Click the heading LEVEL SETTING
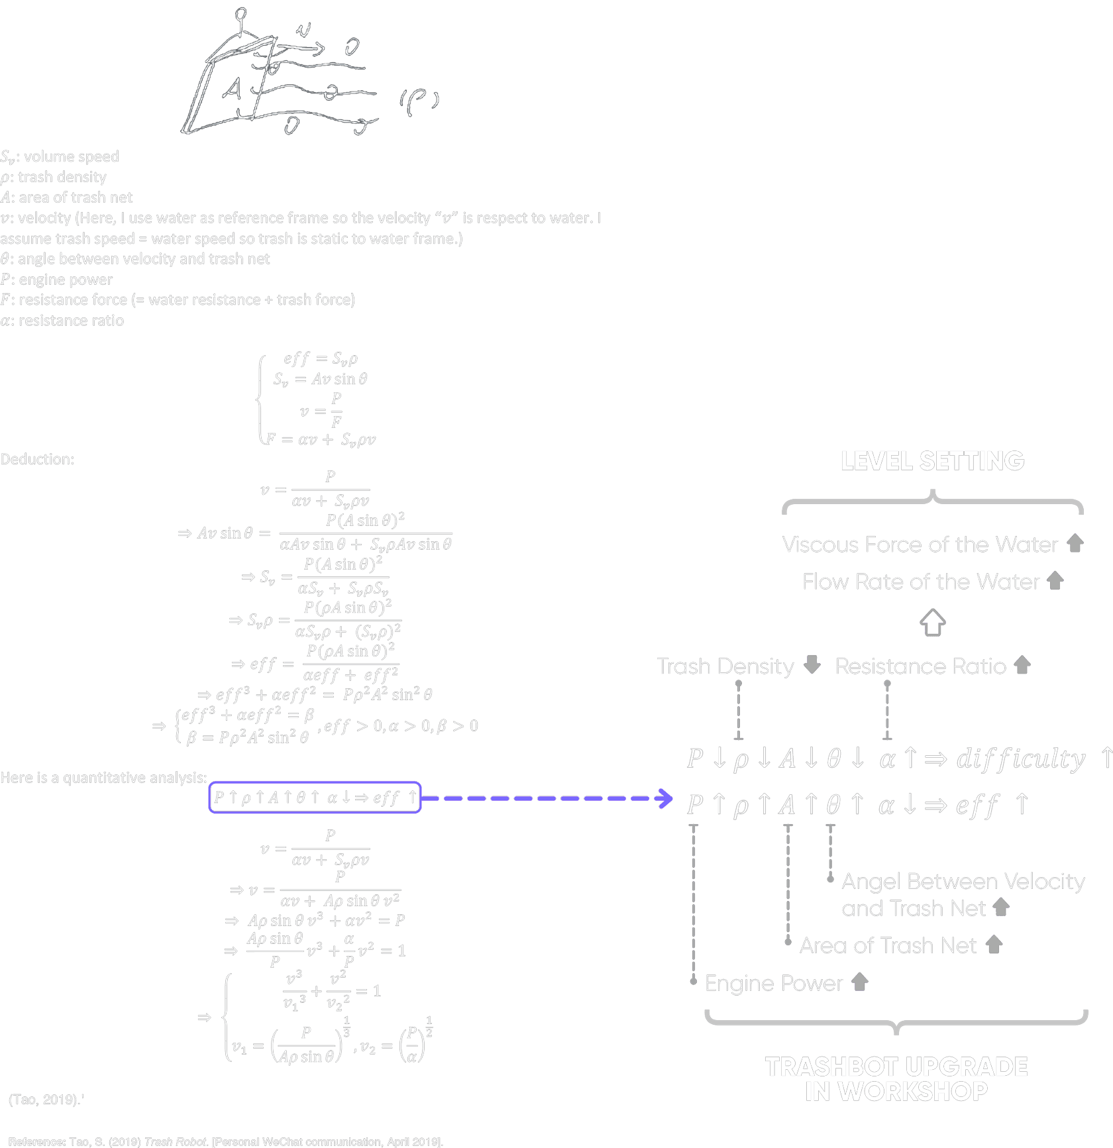tap(932, 461)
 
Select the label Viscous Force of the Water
tap(920, 545)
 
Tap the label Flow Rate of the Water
tap(921, 582)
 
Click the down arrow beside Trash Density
tap(812, 664)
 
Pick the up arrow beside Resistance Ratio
tap(1022, 665)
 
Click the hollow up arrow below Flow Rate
tap(933, 623)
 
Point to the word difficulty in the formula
tap(1021, 759)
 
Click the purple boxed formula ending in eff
tap(315, 798)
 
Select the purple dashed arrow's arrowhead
tap(664, 798)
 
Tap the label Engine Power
tap(773, 983)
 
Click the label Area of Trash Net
tap(888, 945)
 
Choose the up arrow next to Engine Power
tap(859, 982)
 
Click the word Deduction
tap(37, 459)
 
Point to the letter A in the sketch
tap(231, 89)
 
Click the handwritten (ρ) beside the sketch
tap(419, 101)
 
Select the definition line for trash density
tap(54, 177)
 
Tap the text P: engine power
tap(56, 280)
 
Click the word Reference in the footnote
tap(36, 1141)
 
